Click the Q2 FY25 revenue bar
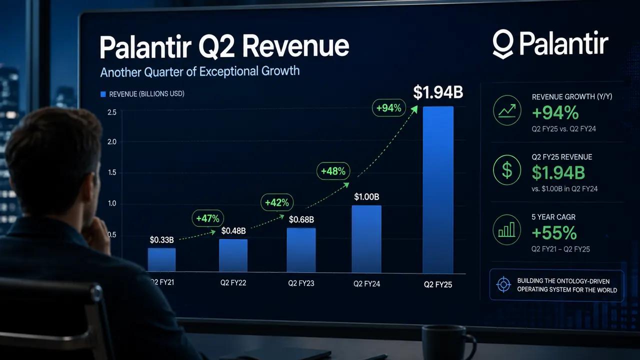pos(438,190)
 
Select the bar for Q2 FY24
pos(366,239)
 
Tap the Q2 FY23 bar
pos(301,250)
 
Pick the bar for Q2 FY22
pos(233,255)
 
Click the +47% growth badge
pos(207,218)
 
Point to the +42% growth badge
pos(277,202)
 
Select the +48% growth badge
pos(333,171)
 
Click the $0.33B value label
pos(161,240)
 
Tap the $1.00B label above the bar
pos(366,197)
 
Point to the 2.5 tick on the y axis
pos(112,112)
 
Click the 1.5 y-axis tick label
pos(112,172)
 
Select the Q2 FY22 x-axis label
pos(233,283)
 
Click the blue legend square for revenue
pos(103,94)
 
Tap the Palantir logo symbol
pos(503,44)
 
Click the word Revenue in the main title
pos(295,46)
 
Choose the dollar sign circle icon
pos(507,170)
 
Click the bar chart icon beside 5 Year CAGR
pos(507,230)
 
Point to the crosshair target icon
pos(503,284)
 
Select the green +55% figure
pos(554,233)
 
